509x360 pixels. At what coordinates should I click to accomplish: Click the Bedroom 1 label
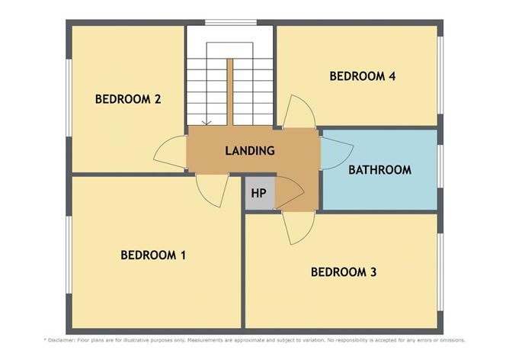pyautogui.click(x=153, y=255)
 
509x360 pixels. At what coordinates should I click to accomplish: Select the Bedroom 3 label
pyautogui.click(x=344, y=272)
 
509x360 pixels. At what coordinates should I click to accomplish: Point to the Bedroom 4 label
pyautogui.click(x=362, y=76)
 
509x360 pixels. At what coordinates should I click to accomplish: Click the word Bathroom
pyautogui.click(x=379, y=169)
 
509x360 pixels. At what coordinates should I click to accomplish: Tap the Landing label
pyautogui.click(x=249, y=151)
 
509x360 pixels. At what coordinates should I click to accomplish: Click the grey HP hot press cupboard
pyautogui.click(x=258, y=194)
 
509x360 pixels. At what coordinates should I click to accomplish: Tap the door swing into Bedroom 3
pyautogui.click(x=296, y=227)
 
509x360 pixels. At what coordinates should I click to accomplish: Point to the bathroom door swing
pyautogui.click(x=331, y=150)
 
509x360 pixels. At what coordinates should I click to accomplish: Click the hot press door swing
pyautogui.click(x=287, y=191)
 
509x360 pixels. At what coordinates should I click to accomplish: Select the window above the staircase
pyautogui.click(x=229, y=23)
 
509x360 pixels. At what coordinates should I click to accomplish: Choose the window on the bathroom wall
pyautogui.click(x=440, y=169)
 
